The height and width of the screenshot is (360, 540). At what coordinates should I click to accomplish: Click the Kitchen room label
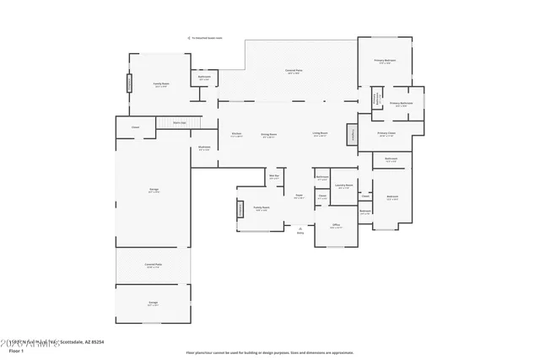click(x=236, y=134)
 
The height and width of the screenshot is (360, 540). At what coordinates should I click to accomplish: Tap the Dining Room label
click(x=268, y=134)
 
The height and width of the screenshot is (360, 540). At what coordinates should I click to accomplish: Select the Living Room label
click(x=320, y=134)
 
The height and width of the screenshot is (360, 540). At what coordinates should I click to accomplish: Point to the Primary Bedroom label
click(x=386, y=62)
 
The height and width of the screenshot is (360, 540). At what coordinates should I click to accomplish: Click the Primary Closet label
click(x=386, y=133)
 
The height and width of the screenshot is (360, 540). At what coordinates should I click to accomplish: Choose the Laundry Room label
click(x=343, y=185)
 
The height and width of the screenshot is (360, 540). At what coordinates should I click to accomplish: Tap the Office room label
click(x=336, y=225)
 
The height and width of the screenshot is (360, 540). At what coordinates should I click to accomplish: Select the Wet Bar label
click(x=274, y=177)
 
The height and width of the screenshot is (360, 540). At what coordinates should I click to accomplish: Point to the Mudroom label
click(x=204, y=148)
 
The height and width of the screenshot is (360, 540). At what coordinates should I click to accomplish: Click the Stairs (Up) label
click(x=179, y=122)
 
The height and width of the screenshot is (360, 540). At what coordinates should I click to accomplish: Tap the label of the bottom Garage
click(x=154, y=302)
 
